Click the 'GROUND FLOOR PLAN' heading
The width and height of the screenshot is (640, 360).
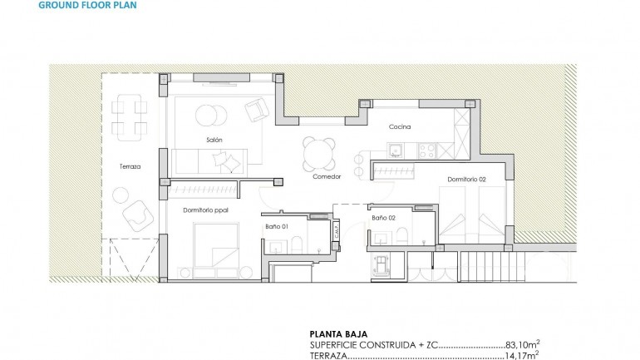point(88,5)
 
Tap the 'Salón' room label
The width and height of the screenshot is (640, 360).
point(214,140)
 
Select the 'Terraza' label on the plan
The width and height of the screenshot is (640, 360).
point(129,166)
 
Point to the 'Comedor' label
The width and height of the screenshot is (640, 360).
point(327,177)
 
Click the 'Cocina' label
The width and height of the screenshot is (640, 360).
point(401,127)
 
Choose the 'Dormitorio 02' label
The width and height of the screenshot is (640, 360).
point(466,179)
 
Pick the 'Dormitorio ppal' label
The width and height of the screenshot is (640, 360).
point(207,211)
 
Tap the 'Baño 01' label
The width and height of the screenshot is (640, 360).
point(277,226)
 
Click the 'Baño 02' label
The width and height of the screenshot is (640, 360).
point(383,218)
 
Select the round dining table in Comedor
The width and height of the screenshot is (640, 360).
point(318,152)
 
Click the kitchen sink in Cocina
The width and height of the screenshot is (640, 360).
point(396,150)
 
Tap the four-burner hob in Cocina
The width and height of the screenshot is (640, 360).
point(428,150)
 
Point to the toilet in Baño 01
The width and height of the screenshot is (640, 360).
point(295,244)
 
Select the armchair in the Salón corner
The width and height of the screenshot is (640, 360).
point(256,109)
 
